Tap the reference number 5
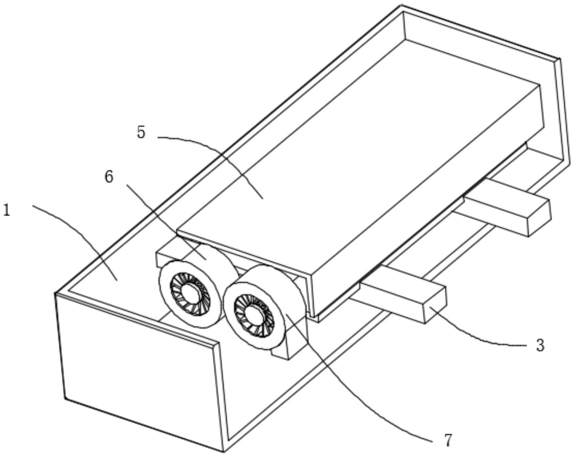click(x=141, y=132)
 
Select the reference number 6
click(x=109, y=177)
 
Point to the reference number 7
click(x=448, y=440)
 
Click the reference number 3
click(x=540, y=345)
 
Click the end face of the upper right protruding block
click(x=539, y=218)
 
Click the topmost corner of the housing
click(x=401, y=6)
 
